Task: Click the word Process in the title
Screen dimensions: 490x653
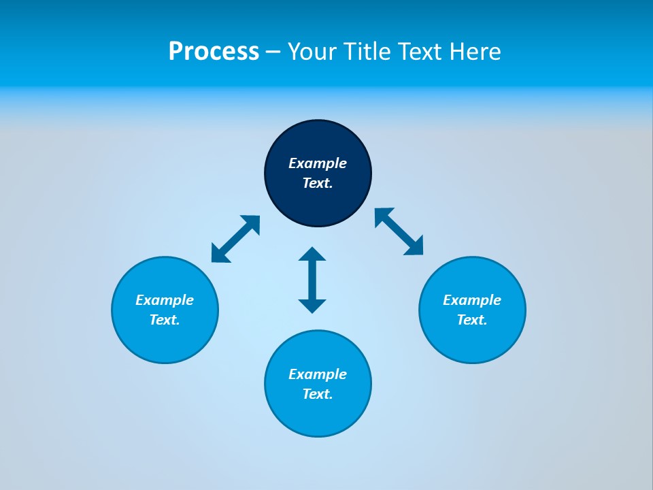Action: pos(214,52)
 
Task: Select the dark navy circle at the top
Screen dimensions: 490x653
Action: pos(318,136)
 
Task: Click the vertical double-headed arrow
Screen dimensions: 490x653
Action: pos(312,280)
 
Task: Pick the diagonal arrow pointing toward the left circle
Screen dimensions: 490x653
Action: pos(235,239)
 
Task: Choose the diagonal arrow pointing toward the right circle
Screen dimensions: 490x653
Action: pos(399,231)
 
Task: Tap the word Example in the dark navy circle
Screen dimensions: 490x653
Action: pos(318,163)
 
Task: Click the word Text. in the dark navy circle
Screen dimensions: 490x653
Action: pos(318,183)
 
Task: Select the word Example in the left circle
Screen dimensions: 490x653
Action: pos(165,300)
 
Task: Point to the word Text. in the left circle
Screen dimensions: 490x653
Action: pos(165,320)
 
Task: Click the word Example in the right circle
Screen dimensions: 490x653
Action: pos(472,300)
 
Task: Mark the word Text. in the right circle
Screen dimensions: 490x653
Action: pos(472,320)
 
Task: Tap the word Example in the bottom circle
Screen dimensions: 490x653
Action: pos(318,374)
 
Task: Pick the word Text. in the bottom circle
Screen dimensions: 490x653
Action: pos(318,394)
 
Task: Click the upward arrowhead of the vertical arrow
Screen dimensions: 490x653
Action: pos(312,255)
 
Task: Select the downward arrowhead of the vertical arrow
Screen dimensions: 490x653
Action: pos(312,306)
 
